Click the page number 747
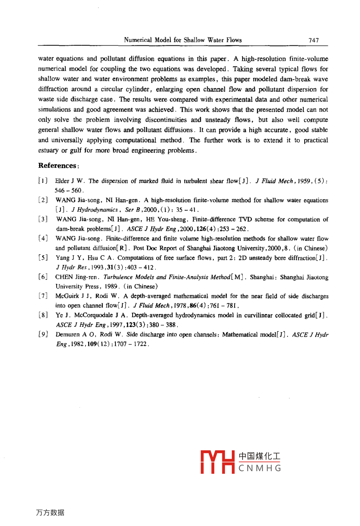point(313,40)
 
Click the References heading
point(57,166)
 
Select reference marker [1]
point(43,181)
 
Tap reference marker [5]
point(43,258)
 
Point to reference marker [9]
point(43,335)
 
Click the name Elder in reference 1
point(62,181)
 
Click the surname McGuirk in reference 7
point(68,296)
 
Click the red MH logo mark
point(217,462)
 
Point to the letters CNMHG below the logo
point(260,469)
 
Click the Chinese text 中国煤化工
point(260,456)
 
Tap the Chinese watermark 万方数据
point(50,513)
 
